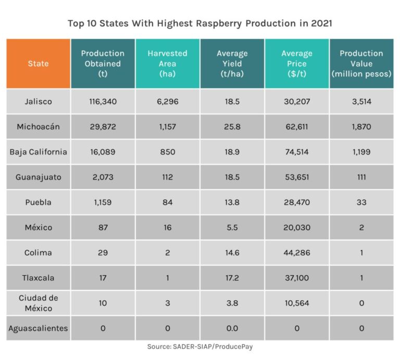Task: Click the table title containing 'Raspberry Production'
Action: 200,23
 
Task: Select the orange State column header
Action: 39,63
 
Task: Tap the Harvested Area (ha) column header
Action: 167,63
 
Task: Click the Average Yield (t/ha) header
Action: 232,63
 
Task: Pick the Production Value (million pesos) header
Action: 361,63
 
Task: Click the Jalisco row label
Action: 39,101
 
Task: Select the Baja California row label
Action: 39,152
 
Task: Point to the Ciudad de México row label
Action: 39,303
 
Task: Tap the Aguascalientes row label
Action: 39,328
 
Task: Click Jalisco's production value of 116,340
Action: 103,101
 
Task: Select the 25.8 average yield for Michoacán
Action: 232,127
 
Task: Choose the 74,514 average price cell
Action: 297,152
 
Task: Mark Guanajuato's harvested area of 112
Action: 167,177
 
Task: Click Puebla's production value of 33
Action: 361,202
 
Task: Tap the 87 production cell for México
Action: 103,227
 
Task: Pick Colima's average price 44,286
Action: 297,253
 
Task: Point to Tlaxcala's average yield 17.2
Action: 232,278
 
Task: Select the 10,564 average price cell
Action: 297,303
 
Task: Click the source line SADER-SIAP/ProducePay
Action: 200,346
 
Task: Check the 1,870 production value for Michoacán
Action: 361,127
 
